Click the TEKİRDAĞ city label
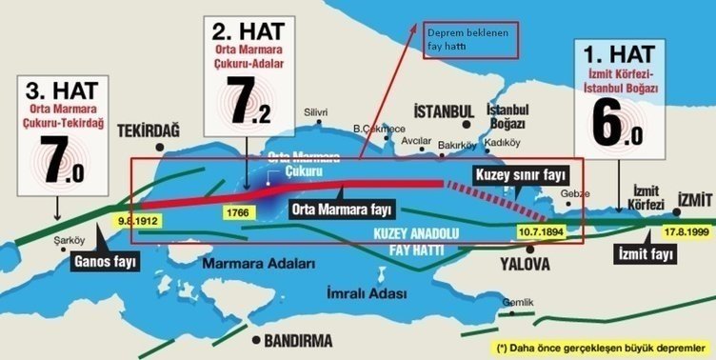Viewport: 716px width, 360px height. coord(149,130)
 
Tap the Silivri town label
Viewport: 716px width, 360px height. coord(314,112)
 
